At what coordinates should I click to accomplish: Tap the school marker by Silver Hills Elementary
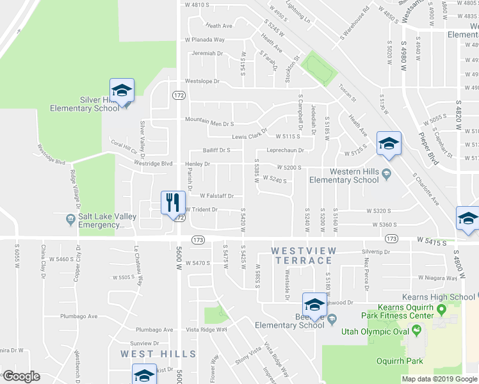(122, 91)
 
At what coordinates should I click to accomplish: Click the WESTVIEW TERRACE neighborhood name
(302, 255)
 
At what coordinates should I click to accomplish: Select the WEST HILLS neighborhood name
(158, 354)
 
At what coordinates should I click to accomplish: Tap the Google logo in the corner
(21, 376)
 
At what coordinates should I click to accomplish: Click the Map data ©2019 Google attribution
(439, 379)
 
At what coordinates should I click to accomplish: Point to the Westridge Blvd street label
(154, 163)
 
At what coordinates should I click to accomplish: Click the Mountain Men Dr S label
(209, 120)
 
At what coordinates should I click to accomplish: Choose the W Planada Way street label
(205, 40)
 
